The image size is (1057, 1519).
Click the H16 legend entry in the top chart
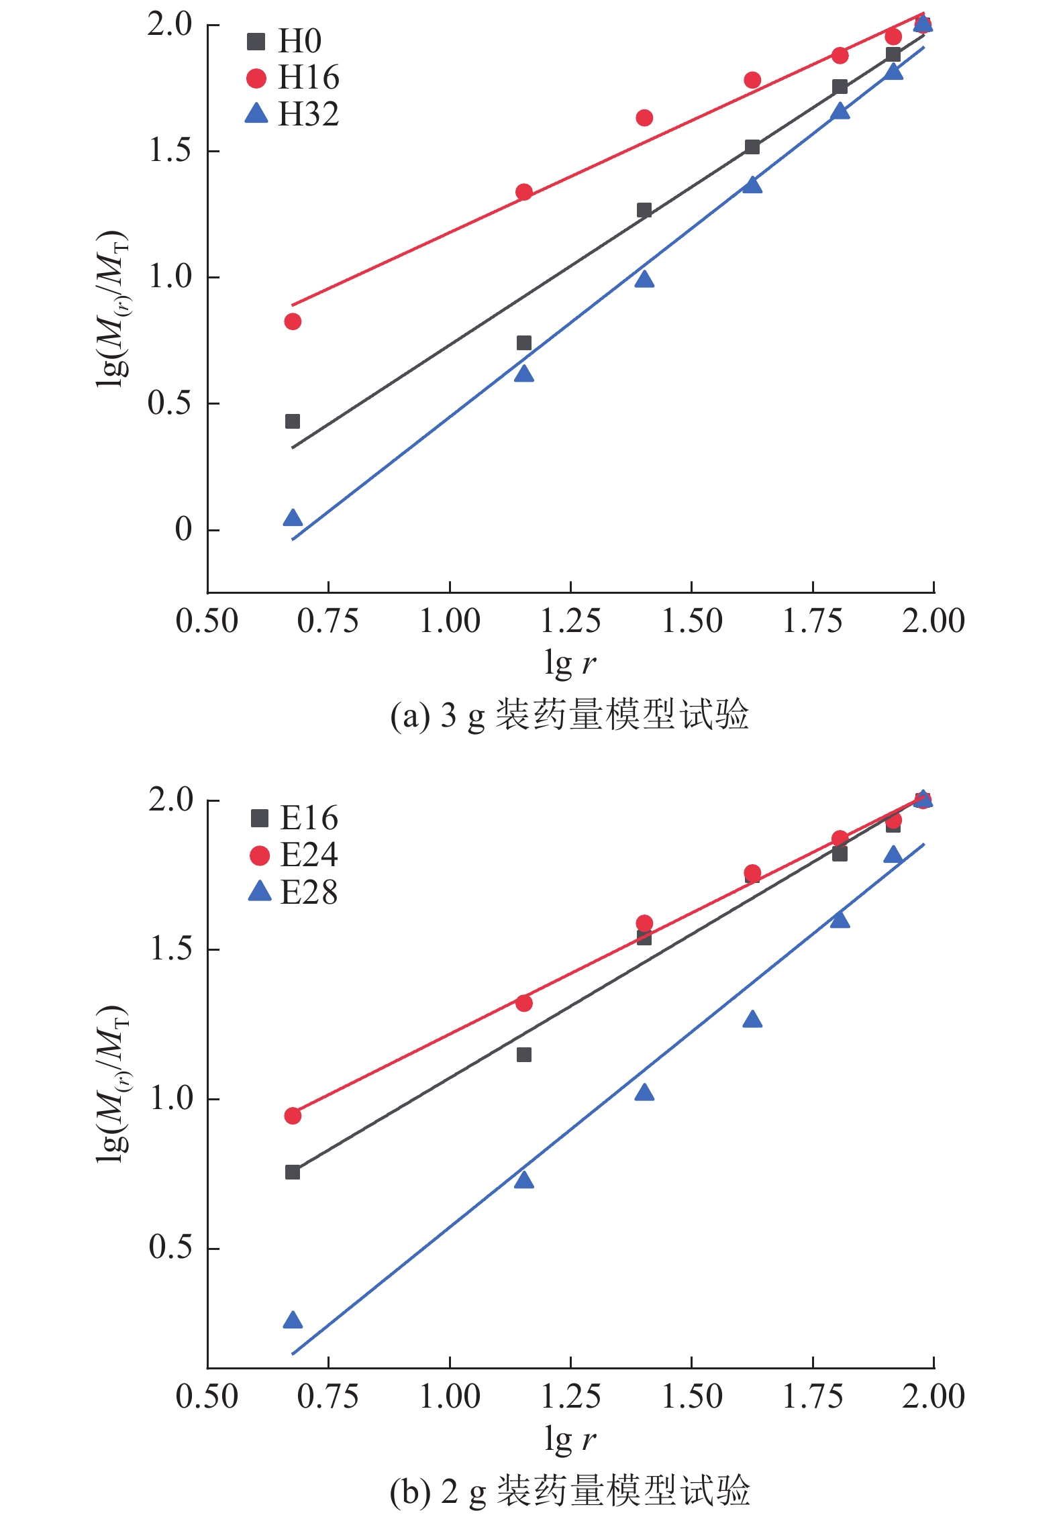pos(293,78)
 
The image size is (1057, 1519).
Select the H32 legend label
pos(293,114)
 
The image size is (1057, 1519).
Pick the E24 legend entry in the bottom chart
pos(294,855)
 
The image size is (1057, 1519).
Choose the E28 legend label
pos(294,892)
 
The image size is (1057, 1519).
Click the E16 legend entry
pos(294,818)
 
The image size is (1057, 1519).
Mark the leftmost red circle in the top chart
pos(293,321)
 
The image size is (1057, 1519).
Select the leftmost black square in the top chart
pos(293,421)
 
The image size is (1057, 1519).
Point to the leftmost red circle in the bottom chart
pos(293,1115)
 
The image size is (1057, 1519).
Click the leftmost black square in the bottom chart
pos(293,1172)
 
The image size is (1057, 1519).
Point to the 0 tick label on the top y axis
pos(183,530)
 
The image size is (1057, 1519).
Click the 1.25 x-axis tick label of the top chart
pos(570,621)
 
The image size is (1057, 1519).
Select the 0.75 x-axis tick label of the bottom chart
pos(328,1397)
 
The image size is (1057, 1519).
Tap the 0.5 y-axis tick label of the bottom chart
pos(171,1247)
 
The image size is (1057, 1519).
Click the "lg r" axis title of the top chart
pos(570,663)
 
